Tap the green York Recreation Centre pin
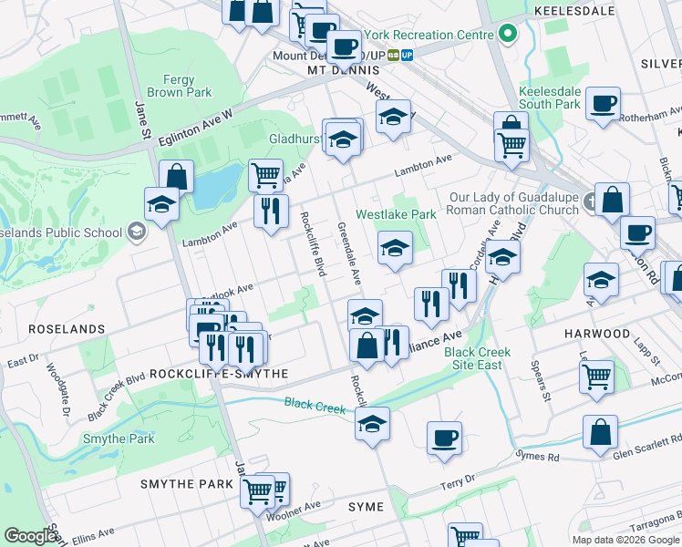tap(509, 36)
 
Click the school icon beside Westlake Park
tap(395, 248)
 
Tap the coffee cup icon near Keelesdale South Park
tap(603, 104)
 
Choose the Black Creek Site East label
tap(477, 358)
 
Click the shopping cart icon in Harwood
tap(596, 375)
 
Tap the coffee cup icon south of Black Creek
tap(444, 439)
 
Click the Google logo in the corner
tap(31, 536)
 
